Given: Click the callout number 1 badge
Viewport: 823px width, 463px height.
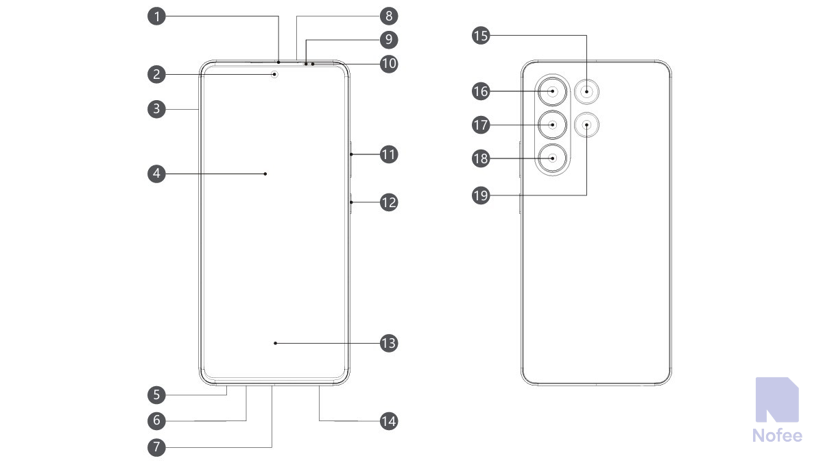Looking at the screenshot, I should tap(158, 16).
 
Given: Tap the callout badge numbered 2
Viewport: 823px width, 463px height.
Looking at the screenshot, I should tap(158, 73).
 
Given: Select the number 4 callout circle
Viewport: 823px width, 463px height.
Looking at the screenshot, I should tap(158, 174).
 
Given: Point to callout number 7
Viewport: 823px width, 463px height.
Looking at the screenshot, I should tap(158, 447).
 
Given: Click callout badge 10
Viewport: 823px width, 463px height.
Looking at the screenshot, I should tap(389, 64).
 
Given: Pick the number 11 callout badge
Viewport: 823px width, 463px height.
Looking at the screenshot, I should tap(389, 154).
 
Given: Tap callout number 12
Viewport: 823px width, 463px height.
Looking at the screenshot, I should tap(389, 202).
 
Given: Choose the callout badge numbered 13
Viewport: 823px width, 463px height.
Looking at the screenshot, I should tap(389, 343).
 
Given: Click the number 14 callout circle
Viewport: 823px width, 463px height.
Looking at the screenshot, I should tap(389, 420).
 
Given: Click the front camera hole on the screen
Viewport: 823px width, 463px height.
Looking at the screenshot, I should tap(276, 73).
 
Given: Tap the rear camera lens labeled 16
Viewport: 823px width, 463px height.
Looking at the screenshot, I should tap(553, 91).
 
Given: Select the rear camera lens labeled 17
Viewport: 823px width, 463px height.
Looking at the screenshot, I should tap(553, 125).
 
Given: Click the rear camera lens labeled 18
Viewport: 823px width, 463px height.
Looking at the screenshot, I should tap(553, 158).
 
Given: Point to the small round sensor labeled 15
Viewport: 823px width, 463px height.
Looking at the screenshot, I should tap(587, 91).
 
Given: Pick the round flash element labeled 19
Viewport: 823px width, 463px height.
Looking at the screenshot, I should tap(587, 124).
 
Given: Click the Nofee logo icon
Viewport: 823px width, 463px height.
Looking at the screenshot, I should tap(776, 400).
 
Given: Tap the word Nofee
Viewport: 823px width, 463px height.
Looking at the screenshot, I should tap(776, 435).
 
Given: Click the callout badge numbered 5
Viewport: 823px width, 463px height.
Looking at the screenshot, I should tap(158, 394).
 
